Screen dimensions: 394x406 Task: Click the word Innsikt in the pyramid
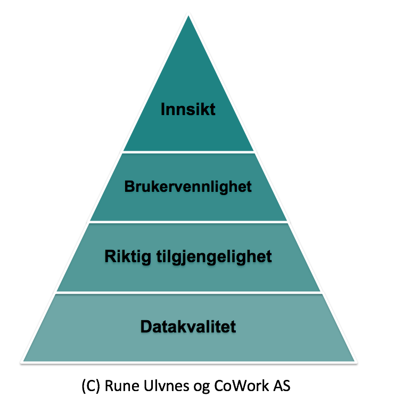188,109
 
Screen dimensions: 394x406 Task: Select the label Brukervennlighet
188,186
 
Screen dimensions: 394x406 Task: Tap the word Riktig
128,257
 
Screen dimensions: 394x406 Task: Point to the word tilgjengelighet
214,257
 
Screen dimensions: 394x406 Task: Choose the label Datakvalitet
188,326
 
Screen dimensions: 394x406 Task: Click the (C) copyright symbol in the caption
91,386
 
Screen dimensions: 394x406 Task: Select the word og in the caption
202,387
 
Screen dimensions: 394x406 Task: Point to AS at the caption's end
282,386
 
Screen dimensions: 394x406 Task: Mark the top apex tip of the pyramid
188,15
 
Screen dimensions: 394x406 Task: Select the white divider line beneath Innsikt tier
188,152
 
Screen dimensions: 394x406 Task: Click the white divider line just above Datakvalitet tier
188,293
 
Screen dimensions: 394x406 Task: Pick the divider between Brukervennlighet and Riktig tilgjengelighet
188,222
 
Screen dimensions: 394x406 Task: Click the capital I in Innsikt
162,109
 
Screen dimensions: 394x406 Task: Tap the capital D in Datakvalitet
146,326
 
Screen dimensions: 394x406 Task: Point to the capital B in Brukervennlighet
129,186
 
